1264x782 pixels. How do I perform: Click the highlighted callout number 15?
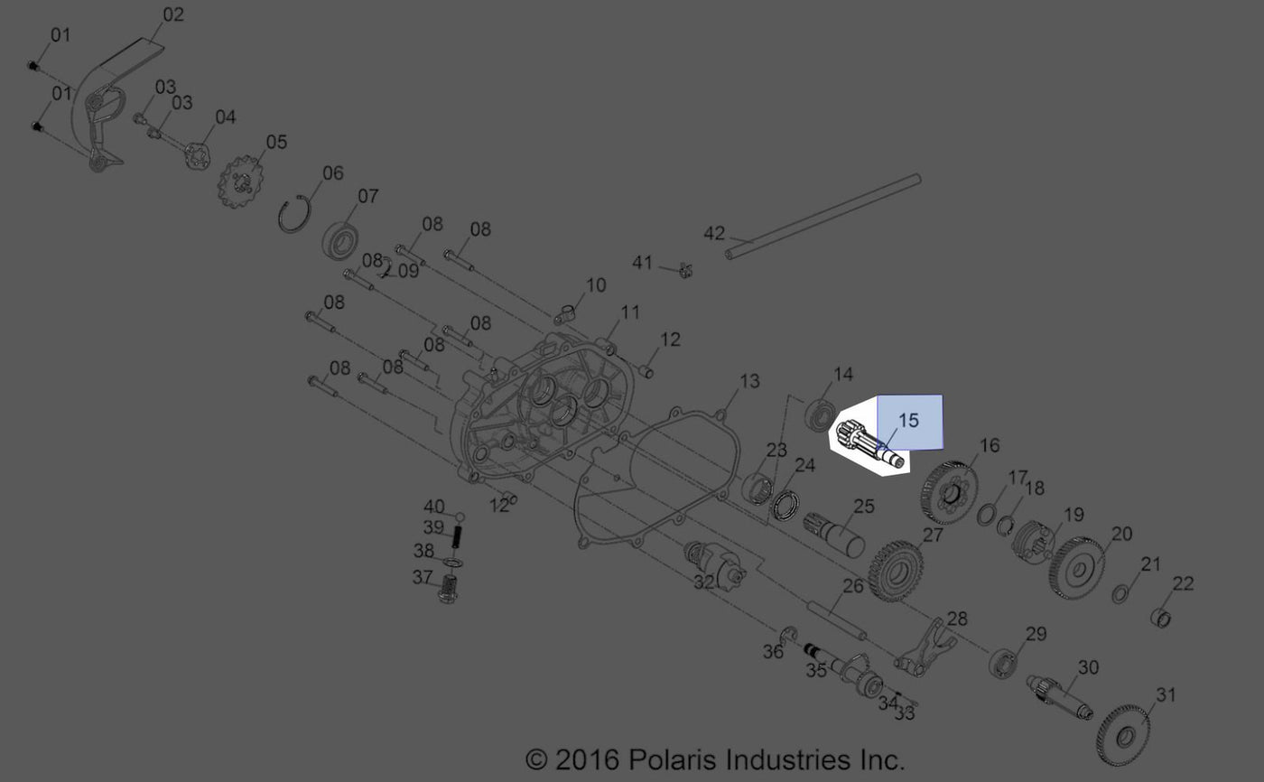point(908,420)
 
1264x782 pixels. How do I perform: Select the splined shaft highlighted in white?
point(869,445)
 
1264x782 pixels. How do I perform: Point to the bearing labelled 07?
point(342,241)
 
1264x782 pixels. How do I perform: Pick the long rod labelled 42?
point(823,217)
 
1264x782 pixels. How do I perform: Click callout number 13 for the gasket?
point(749,381)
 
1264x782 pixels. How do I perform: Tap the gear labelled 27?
point(896,571)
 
